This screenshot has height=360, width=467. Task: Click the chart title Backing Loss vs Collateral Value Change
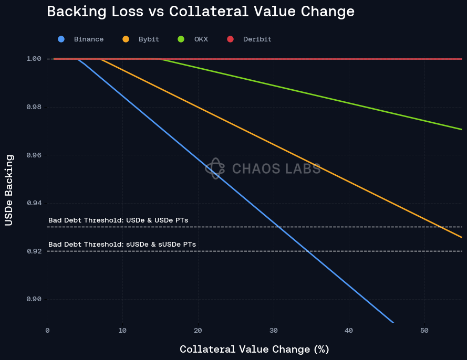pyautogui.click(x=201, y=12)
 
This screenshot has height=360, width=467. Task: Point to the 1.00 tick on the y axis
pyautogui.click(x=34, y=59)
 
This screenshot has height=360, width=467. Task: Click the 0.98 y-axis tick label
pyautogui.click(x=34, y=107)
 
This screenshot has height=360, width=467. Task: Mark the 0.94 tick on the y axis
pyautogui.click(x=34, y=203)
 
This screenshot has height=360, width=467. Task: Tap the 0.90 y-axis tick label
pyautogui.click(x=34, y=299)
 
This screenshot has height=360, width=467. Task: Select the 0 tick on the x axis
pyautogui.click(x=47, y=331)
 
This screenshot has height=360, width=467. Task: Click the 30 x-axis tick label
pyautogui.click(x=273, y=331)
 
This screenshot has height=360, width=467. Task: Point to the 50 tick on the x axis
pyautogui.click(x=424, y=331)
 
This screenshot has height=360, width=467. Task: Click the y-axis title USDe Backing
pyautogui.click(x=8, y=190)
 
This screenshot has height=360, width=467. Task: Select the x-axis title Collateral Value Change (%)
pyautogui.click(x=254, y=349)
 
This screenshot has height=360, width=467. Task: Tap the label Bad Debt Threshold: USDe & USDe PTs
pyautogui.click(x=118, y=220)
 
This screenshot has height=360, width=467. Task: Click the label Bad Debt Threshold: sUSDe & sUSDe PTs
pyautogui.click(x=122, y=245)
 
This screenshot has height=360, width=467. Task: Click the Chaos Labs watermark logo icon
pyautogui.click(x=215, y=168)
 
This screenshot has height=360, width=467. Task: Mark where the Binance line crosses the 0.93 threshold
pyautogui.click(x=278, y=227)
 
